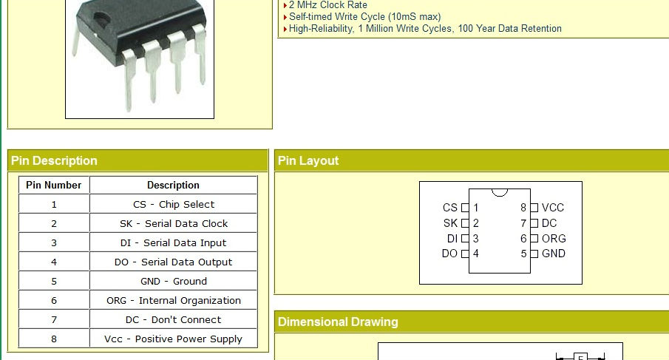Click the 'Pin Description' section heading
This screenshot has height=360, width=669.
click(54, 161)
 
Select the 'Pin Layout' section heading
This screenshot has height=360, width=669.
click(308, 161)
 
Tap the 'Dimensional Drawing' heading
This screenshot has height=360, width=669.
click(338, 322)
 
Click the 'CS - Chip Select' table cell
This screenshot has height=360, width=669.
click(174, 204)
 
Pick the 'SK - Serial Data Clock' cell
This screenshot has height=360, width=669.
click(174, 223)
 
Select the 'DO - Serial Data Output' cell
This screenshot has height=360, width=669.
click(174, 262)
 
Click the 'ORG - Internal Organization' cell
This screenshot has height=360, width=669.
click(174, 300)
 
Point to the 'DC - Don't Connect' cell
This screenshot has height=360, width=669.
click(174, 319)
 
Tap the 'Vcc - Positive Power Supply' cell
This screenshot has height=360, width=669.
click(174, 339)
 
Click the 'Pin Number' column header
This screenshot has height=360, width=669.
click(54, 185)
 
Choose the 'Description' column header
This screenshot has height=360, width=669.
click(174, 185)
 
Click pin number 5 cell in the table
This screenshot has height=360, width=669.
click(54, 281)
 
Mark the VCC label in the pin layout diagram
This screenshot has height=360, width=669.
click(553, 208)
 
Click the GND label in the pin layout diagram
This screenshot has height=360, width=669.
click(554, 254)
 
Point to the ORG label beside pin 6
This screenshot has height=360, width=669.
click(554, 239)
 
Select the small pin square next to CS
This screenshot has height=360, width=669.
click(465, 208)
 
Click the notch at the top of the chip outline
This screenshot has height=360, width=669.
click(500, 193)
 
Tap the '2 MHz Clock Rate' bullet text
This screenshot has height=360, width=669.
click(327, 5)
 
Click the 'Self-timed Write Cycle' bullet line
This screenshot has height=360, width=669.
click(364, 17)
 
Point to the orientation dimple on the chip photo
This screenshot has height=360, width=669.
click(101, 18)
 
